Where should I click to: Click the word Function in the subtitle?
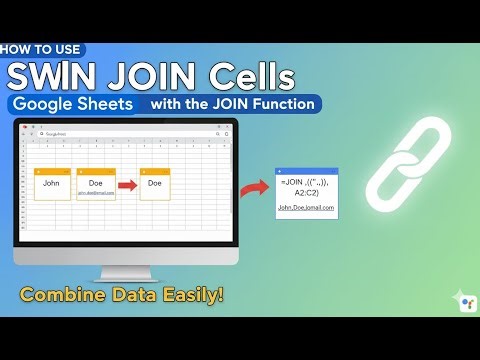[x=283, y=104]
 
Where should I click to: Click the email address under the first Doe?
[x=96, y=193]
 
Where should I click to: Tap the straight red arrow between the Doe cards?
[x=128, y=184]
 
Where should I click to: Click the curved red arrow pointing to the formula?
[x=255, y=186]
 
